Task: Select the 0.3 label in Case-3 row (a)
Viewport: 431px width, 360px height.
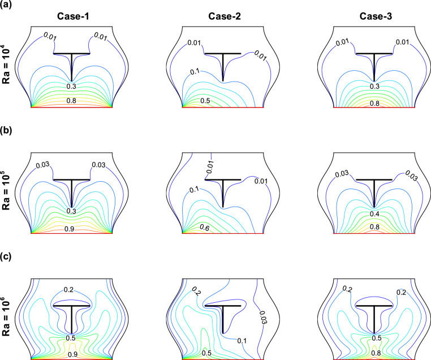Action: point(374,86)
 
